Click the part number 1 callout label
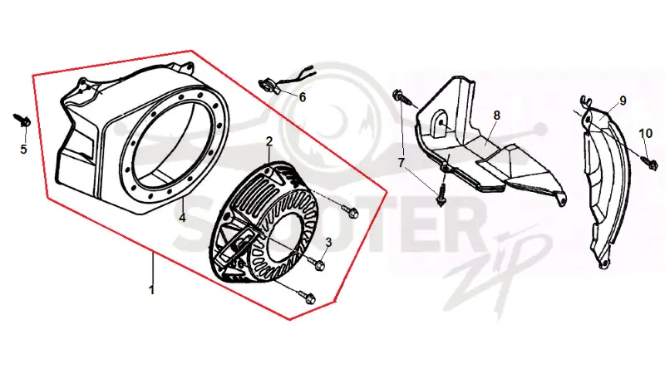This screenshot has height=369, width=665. coord(151,290)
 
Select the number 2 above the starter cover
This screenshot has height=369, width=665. coord(269,141)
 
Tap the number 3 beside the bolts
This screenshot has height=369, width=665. coord(328,242)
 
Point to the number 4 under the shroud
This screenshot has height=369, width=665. coord(182,218)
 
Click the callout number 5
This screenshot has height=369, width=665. coord(24,149)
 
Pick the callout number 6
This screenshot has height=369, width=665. coord(303,97)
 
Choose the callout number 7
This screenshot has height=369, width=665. coord(401,162)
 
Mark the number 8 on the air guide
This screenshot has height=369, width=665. coord(496,116)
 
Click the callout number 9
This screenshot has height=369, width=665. coord(623,101)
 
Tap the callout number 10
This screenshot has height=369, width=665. coord(646,134)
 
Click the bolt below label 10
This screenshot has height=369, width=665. coord(649,162)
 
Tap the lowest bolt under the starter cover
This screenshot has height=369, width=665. coord(306,296)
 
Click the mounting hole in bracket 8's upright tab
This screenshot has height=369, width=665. coord(441,122)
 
